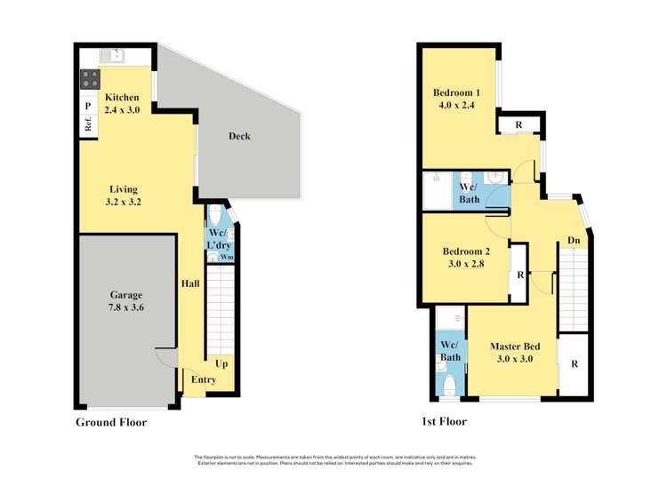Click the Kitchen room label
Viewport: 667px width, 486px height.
tap(122, 97)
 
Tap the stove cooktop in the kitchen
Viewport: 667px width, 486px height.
tap(90, 79)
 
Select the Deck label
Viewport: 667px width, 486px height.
tap(239, 136)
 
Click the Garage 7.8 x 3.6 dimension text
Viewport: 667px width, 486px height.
tap(126, 307)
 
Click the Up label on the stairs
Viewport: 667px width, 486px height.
tap(220, 363)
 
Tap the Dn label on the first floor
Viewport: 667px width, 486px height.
tap(575, 240)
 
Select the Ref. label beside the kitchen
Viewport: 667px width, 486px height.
tap(89, 126)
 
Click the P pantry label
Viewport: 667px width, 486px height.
tap(88, 106)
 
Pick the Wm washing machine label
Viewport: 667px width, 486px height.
tap(227, 257)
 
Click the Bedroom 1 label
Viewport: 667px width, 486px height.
tap(456, 93)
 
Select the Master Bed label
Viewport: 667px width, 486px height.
tap(515, 346)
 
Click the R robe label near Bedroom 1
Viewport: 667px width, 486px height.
tap(518, 125)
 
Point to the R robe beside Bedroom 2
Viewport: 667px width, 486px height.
tap(518, 275)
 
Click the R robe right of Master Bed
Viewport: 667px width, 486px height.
tap(575, 363)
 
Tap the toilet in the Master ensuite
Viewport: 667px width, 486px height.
tap(451, 384)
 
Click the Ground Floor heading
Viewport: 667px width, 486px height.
tap(111, 422)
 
